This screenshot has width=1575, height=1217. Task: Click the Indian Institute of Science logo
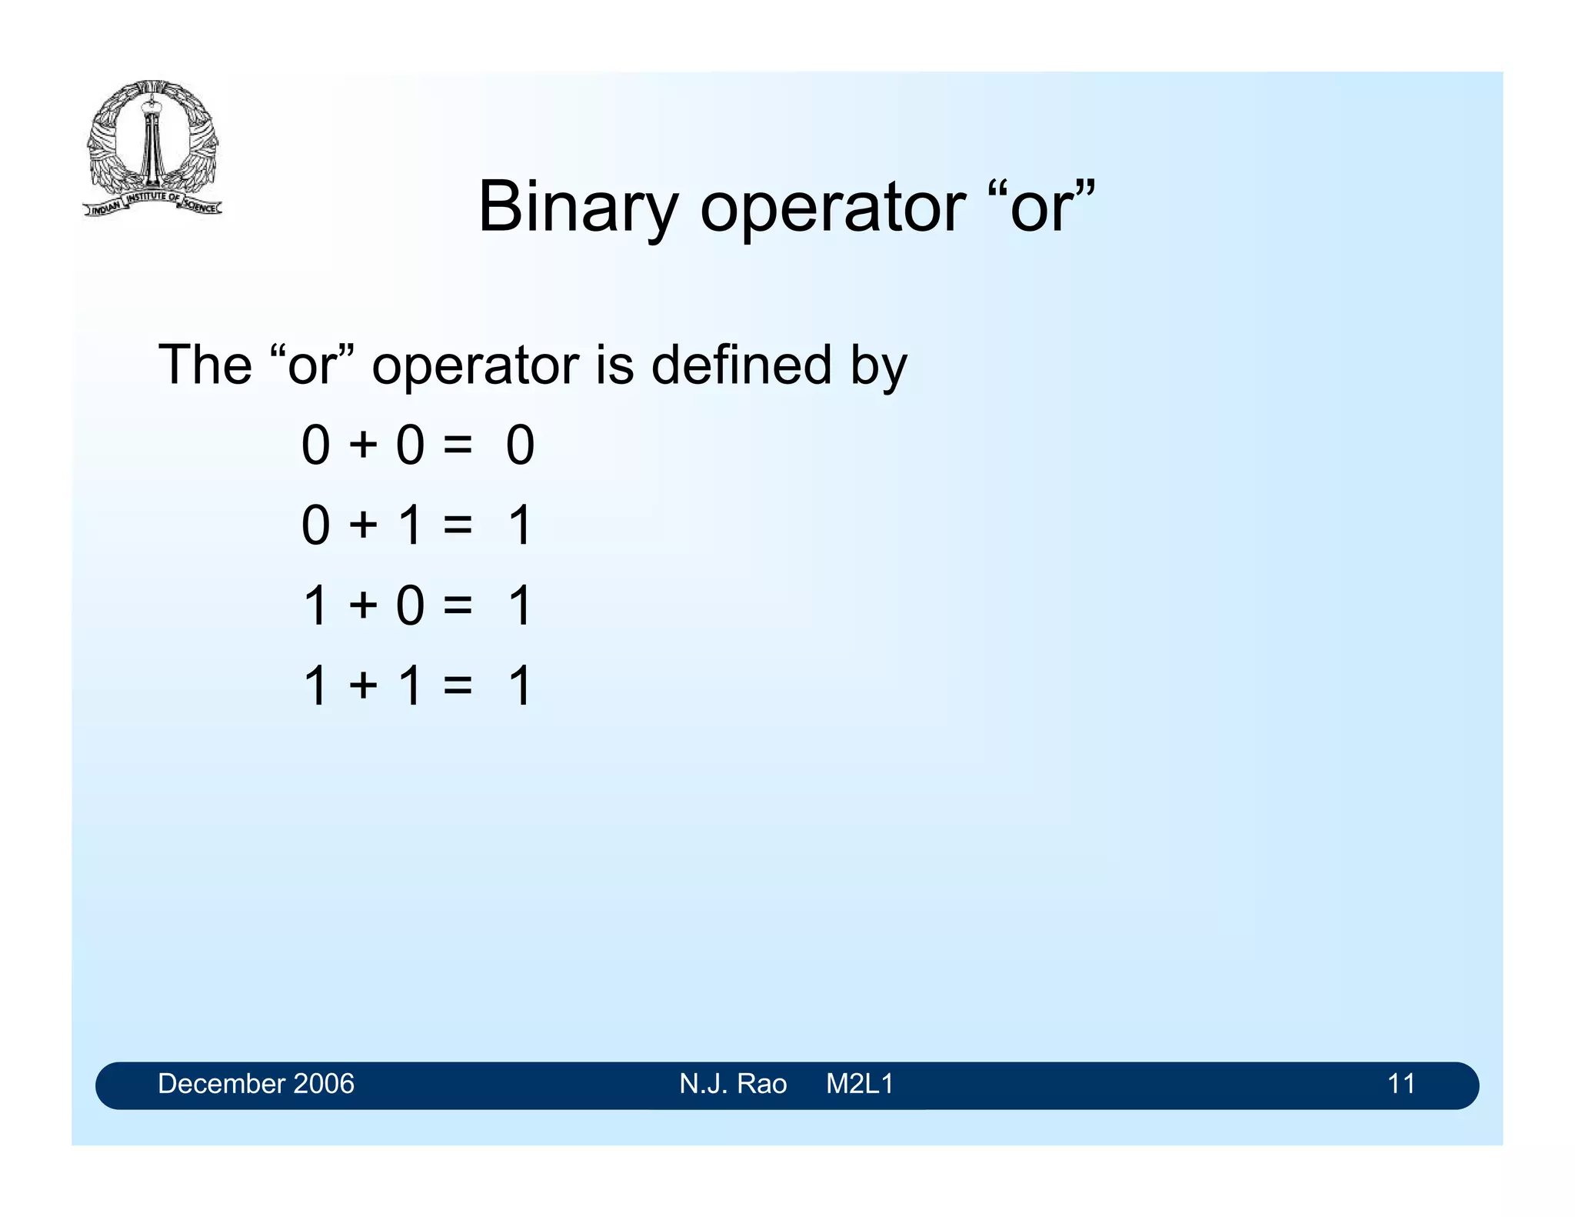(x=152, y=148)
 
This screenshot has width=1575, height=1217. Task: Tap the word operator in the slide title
(x=832, y=208)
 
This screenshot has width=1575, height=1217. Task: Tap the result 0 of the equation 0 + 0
(x=520, y=445)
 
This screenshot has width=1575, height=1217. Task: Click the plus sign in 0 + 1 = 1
(x=363, y=526)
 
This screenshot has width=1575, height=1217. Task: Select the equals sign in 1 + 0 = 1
(x=458, y=606)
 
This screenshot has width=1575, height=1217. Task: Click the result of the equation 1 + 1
(x=521, y=686)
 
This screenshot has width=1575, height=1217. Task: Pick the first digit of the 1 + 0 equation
(x=316, y=606)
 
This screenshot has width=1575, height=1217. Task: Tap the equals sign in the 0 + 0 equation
(x=458, y=446)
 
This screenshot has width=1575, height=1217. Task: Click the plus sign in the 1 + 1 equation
(x=363, y=686)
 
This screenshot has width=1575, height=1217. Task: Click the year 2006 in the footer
(x=324, y=1084)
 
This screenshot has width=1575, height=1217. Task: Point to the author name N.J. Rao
(x=733, y=1084)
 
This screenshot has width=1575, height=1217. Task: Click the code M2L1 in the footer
(x=860, y=1084)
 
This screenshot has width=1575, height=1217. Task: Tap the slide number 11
(x=1401, y=1084)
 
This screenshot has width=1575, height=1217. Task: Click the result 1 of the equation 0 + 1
(x=521, y=526)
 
